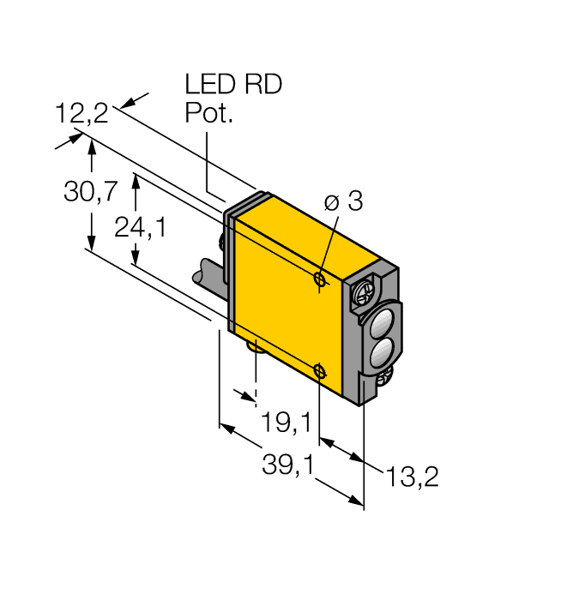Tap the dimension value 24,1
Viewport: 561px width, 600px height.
pos(140,226)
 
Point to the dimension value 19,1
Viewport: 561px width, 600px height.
pos(287,422)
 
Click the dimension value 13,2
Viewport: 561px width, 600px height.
pos(412,477)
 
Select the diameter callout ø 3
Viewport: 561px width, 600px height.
pos(343,202)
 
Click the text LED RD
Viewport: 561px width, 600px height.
pos(233,85)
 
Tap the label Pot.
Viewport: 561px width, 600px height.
pos(209,113)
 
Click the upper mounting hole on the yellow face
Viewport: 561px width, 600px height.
pos(319,279)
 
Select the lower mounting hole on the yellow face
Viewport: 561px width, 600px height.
pos(319,370)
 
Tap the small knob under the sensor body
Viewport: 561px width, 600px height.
pos(255,345)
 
